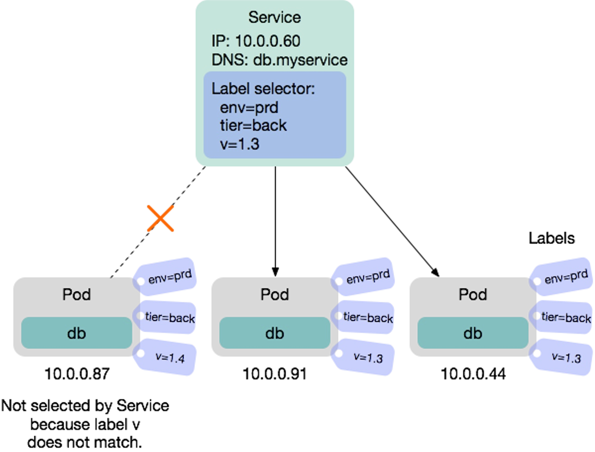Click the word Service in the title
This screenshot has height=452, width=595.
[x=274, y=18]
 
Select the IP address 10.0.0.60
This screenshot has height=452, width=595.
[x=267, y=41]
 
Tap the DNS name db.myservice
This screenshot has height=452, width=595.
[x=300, y=60]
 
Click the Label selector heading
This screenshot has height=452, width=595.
[x=263, y=89]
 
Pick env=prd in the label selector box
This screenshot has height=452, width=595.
[x=249, y=108]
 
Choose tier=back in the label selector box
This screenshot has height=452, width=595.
[x=253, y=125]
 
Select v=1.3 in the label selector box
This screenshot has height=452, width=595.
[x=240, y=144]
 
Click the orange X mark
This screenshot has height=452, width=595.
[x=161, y=219]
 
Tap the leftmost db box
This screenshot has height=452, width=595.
[x=76, y=333]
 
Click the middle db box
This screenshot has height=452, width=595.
[x=274, y=333]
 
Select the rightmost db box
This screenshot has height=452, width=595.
[x=473, y=333]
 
